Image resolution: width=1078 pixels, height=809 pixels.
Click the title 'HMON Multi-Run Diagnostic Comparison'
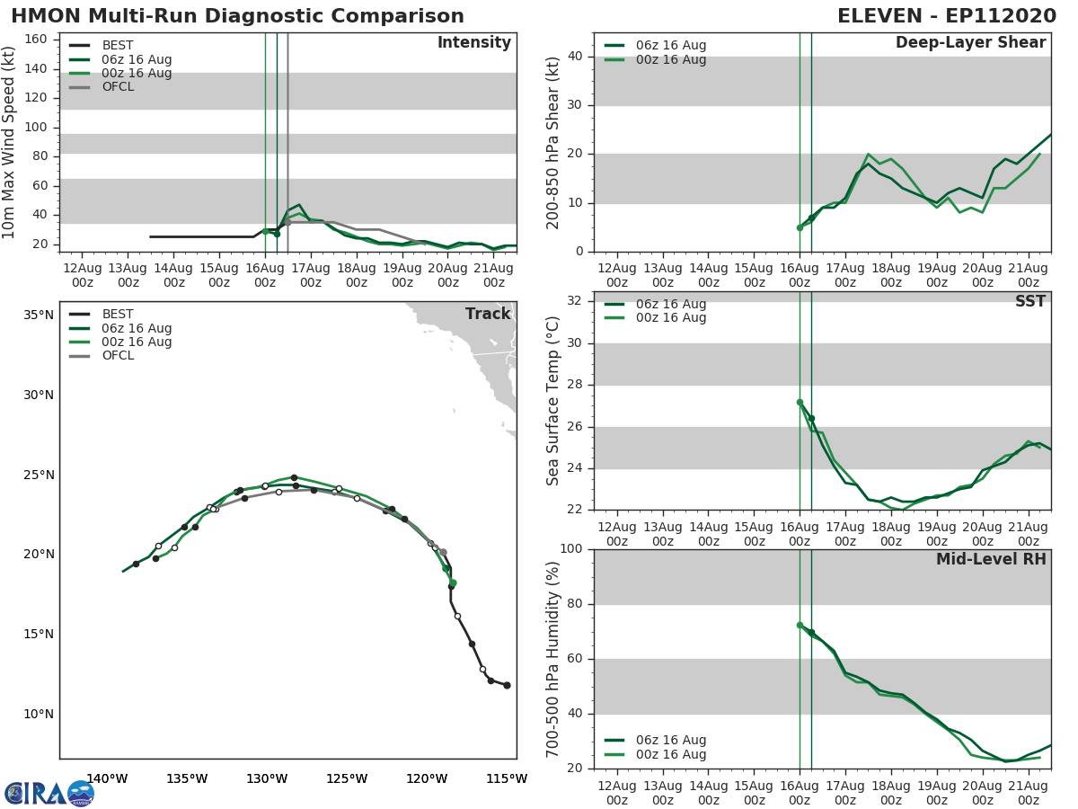pos(238,16)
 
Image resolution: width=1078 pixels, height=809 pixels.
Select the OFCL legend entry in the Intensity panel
pos(118,87)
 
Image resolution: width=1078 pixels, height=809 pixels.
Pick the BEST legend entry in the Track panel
pos(118,315)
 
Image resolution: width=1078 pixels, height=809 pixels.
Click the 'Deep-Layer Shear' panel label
pos(970,43)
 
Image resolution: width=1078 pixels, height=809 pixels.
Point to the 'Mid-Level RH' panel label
pos(991,560)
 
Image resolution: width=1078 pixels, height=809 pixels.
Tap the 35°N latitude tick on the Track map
pos(39,316)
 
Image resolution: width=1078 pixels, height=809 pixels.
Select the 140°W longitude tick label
pos(107,778)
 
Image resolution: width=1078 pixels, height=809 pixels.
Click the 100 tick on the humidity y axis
pos(570,549)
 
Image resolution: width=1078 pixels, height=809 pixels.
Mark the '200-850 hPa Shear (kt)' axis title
pos(553,142)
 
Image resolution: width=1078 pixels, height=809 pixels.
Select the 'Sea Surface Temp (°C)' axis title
pos(553,401)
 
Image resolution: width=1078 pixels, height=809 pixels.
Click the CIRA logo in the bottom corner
pos(49,793)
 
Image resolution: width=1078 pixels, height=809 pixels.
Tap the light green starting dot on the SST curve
pos(800,403)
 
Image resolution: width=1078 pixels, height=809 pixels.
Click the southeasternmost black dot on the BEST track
pos(507,685)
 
